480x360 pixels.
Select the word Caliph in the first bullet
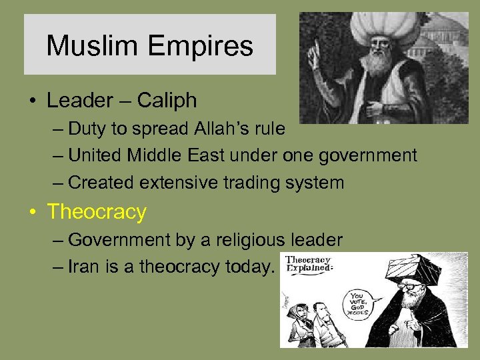point(167,101)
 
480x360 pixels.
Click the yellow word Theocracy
point(97,212)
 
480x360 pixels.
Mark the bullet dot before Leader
point(31,101)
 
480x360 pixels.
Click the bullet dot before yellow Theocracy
point(31,213)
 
